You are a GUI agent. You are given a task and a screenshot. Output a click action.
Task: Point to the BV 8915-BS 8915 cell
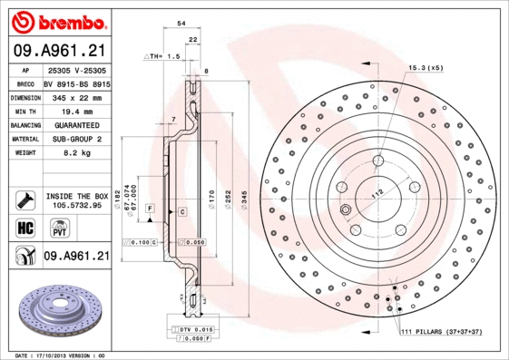click(x=76, y=83)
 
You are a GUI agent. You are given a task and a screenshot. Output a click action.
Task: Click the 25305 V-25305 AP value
click(x=76, y=69)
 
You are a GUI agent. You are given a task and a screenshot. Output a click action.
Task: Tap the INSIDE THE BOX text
click(x=76, y=196)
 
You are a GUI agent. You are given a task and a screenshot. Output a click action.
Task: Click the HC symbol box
click(x=24, y=228)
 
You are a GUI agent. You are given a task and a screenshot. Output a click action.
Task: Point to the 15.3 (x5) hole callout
click(x=426, y=68)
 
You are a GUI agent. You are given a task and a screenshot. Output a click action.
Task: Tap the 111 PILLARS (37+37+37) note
click(x=442, y=333)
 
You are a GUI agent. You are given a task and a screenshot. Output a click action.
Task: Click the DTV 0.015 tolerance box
click(x=194, y=328)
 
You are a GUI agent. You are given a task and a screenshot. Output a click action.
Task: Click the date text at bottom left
click(x=61, y=355)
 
